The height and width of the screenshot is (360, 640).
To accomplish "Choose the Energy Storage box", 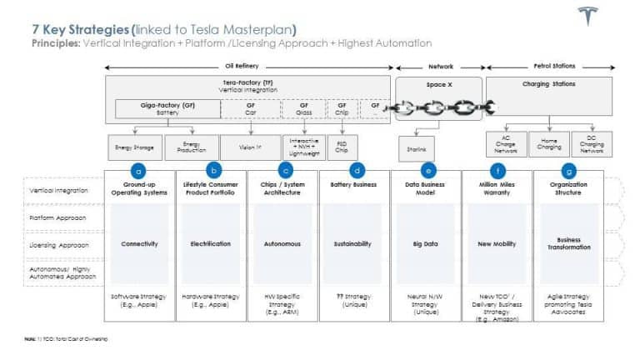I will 133,147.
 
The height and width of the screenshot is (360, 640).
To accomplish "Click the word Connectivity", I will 139,244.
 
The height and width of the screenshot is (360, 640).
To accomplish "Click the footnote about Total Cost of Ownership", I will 67,339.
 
